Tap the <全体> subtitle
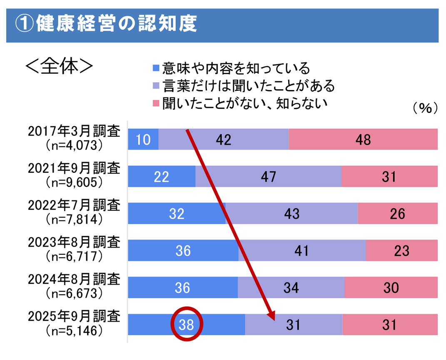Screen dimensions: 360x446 click(59, 65)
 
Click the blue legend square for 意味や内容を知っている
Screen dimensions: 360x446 click(156, 67)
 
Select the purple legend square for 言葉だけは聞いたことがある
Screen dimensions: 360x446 click(156, 85)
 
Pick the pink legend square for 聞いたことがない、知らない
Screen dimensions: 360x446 click(156, 103)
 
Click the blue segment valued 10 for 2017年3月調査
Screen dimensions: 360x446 click(143, 140)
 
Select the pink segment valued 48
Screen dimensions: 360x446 click(363, 140)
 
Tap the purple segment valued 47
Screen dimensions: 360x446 click(268, 177)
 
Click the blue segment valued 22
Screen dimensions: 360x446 click(161, 177)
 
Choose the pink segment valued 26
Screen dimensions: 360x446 click(397, 213)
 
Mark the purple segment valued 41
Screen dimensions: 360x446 click(302, 250)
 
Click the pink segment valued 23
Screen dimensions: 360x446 click(401, 250)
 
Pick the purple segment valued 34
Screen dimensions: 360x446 click(291, 287)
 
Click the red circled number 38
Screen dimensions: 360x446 click(187, 325)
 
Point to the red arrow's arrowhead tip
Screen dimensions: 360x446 click(274, 320)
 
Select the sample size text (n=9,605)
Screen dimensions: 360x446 click(74, 182)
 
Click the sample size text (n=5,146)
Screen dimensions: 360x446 click(74, 330)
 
